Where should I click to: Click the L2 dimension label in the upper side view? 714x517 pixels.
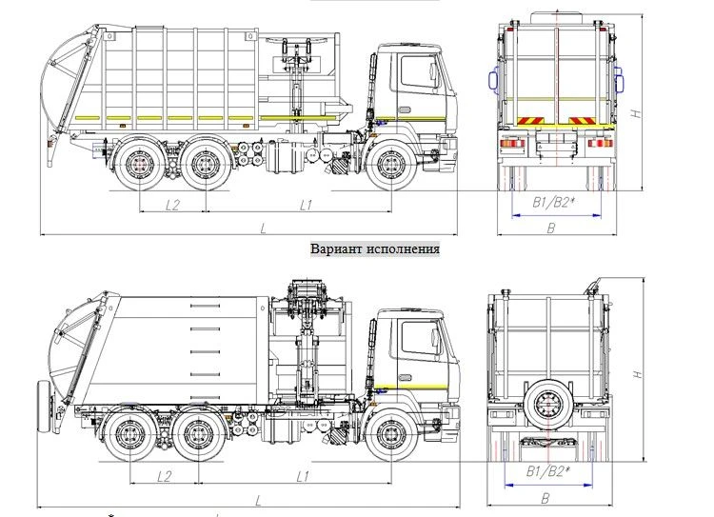173,204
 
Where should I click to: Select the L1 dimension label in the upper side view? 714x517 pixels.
307,204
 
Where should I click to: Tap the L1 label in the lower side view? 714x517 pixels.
303,474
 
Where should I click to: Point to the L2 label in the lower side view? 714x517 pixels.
163,474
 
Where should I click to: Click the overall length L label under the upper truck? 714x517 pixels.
264,227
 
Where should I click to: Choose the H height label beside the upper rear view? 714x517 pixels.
635,113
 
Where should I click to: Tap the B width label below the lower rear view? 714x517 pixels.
545,497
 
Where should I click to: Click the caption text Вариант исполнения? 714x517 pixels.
375,249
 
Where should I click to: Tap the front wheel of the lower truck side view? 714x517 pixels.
388,436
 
